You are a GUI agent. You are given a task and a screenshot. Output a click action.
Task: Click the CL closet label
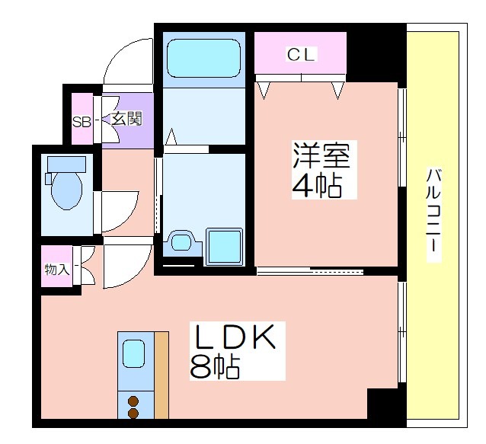[300, 55]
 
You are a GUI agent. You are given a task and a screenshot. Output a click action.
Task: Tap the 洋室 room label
[322, 155]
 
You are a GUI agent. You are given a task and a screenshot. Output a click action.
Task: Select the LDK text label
[235, 337]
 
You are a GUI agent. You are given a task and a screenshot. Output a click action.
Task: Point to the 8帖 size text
[215, 368]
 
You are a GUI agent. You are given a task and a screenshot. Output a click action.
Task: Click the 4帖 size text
[317, 187]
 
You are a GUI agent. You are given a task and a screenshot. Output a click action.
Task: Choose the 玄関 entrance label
[126, 118]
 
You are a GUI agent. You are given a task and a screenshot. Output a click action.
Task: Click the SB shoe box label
[82, 122]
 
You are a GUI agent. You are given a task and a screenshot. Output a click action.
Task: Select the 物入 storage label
[57, 270]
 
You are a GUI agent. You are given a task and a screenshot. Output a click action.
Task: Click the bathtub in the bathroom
[203, 58]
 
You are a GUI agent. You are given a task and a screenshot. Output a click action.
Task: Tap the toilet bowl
[66, 190]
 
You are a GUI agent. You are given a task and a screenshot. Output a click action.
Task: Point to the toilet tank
[66, 165]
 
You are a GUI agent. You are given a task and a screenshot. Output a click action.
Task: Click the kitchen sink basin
[133, 354]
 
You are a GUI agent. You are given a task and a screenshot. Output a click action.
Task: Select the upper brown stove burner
[133, 401]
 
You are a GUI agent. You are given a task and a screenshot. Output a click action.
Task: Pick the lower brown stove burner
[133, 414]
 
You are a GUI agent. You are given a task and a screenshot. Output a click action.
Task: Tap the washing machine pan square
[224, 247]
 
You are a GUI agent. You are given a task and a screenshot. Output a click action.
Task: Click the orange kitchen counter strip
[161, 375]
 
